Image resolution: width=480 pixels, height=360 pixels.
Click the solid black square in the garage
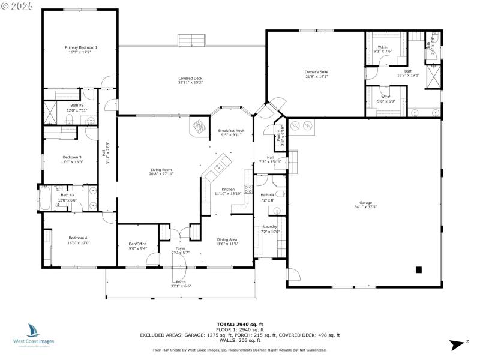click(419, 269)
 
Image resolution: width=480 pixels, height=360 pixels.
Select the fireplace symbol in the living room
click(197, 127)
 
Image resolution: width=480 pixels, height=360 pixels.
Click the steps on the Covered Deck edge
click(193, 40)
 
